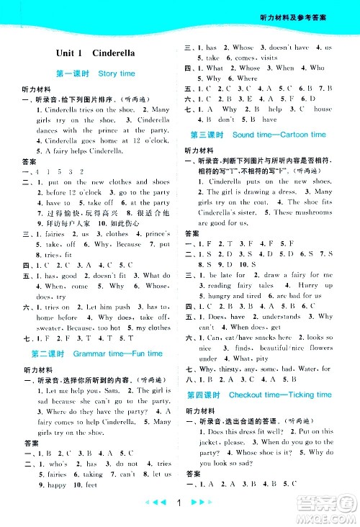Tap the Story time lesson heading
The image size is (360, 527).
click(95, 73)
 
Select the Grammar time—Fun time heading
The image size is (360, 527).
click(97, 354)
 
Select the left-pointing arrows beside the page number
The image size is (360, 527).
click(154, 513)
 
